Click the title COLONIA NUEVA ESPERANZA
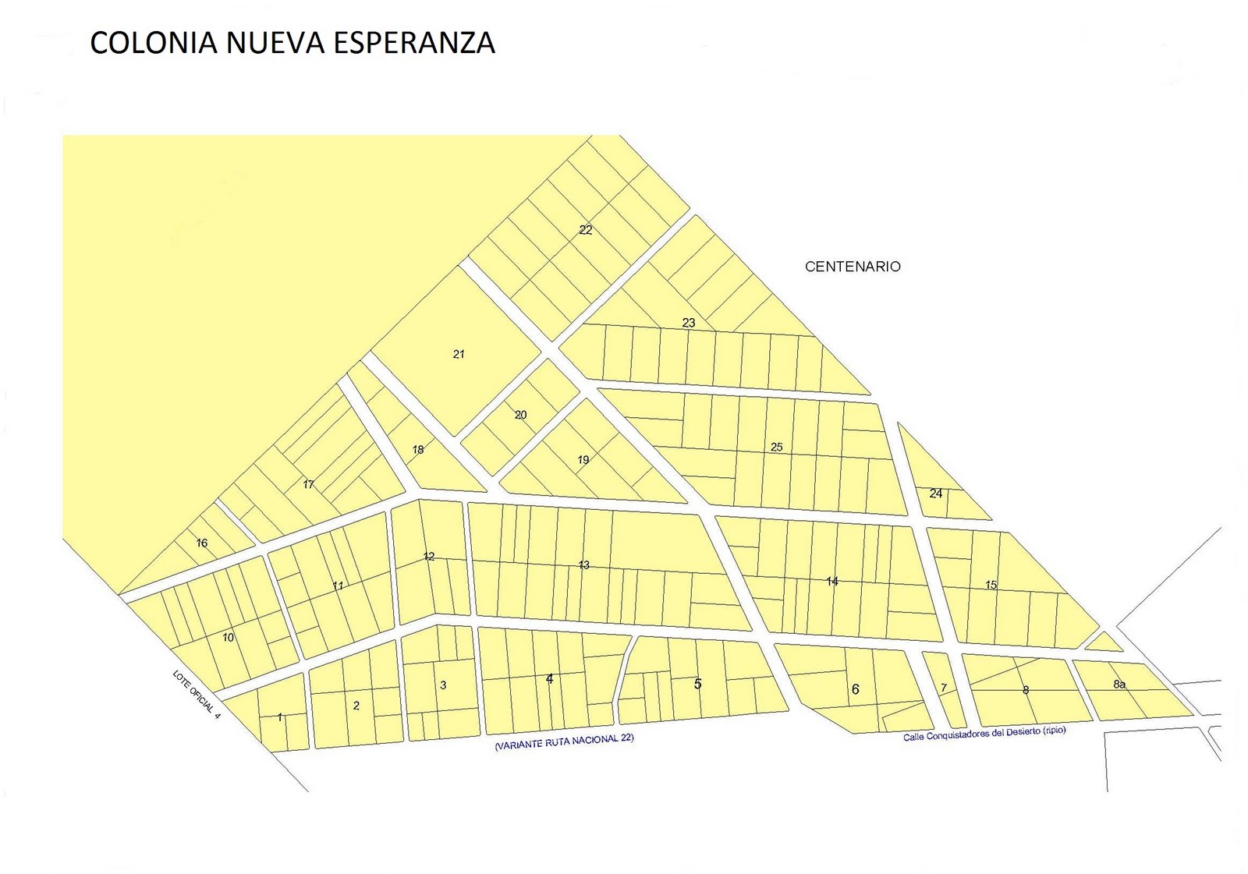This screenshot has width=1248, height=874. (x=292, y=43)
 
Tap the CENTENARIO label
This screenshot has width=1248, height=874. (x=853, y=267)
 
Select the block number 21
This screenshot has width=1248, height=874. (x=459, y=354)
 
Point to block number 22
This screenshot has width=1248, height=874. (x=586, y=230)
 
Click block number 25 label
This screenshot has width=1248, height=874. (x=776, y=447)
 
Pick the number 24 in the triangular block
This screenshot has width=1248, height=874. (x=936, y=494)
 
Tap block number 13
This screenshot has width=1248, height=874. (x=583, y=565)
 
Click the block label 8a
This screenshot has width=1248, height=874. (x=1119, y=685)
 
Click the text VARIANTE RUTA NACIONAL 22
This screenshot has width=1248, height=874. (x=564, y=741)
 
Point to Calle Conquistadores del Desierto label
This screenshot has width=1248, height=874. (x=984, y=734)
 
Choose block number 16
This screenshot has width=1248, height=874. (x=202, y=543)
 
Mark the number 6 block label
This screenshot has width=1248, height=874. (x=855, y=689)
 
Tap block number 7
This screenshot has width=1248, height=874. (x=943, y=688)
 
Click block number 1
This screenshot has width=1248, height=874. (x=279, y=717)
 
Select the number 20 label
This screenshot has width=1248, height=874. (x=520, y=415)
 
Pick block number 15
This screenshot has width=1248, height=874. (x=991, y=585)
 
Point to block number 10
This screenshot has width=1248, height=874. (x=228, y=638)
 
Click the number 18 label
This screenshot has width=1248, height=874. (x=418, y=450)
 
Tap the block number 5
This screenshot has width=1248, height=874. (x=697, y=684)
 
